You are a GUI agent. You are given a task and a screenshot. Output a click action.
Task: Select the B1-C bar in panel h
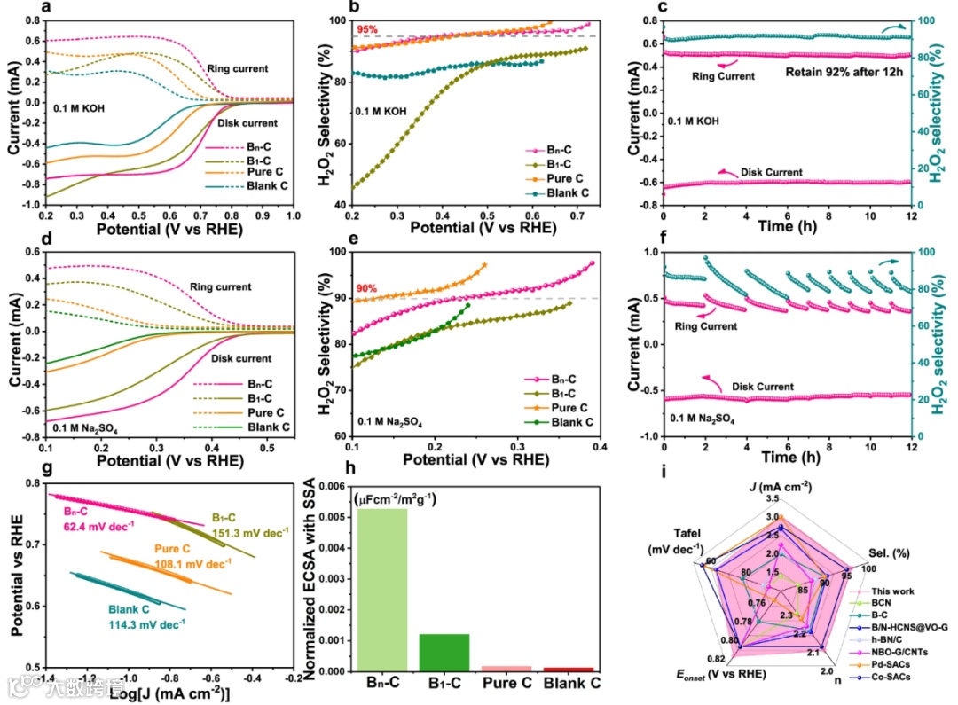(444, 652)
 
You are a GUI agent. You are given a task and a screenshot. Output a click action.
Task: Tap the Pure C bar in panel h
(506, 668)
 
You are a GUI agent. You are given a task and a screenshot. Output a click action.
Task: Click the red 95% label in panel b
(367, 29)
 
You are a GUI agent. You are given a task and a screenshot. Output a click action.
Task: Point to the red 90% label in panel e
(367, 287)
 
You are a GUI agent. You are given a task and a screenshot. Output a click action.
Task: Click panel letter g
(15, 466)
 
